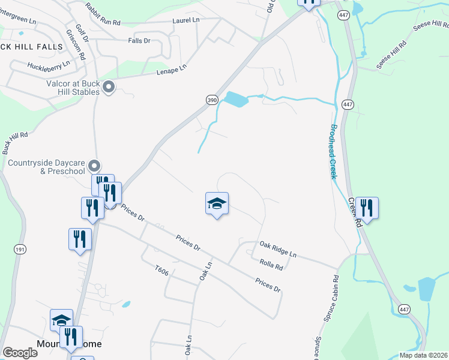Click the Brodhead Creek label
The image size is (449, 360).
point(332,151)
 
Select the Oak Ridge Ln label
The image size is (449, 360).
point(278,249)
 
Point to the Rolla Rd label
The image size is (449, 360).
point(271,264)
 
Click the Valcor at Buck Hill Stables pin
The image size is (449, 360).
point(109,88)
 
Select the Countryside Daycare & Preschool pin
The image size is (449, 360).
point(94,165)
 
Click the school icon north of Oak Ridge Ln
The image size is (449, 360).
point(217,203)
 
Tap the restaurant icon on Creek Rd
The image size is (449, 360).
point(366,208)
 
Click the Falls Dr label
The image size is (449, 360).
point(139,40)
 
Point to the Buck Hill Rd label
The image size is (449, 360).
point(16,142)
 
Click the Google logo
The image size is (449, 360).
point(20,352)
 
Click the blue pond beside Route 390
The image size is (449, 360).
point(236,99)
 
